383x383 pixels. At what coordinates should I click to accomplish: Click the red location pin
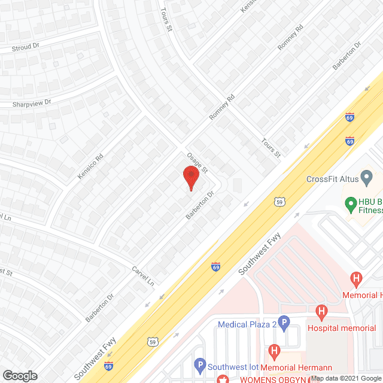point(190,178)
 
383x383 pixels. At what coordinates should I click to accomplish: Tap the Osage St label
point(196,161)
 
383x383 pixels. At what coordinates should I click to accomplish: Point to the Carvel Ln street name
point(143,275)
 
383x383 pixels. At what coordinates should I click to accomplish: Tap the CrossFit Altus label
point(332,178)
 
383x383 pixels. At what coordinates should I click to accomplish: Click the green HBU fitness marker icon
point(351,203)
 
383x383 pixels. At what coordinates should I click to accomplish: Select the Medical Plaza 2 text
point(247,324)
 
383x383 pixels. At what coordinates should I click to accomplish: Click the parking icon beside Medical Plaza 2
point(285,324)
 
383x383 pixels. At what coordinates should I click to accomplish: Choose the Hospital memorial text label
point(341,328)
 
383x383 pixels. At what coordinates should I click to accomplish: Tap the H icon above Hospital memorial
point(322,312)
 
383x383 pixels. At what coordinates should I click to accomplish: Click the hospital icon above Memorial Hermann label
point(275,351)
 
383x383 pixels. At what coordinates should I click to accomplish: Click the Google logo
point(20,376)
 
